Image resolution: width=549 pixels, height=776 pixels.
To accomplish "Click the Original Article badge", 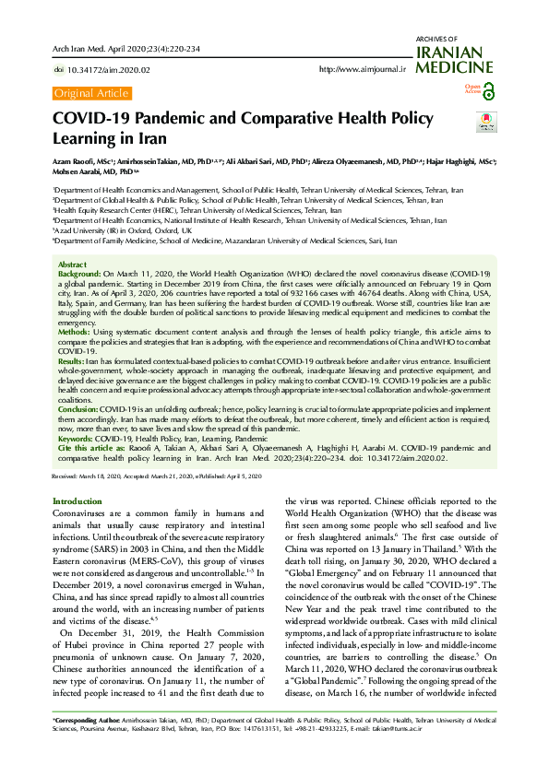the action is click(x=91, y=93).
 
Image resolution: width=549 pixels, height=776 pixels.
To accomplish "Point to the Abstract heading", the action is click(x=72, y=264).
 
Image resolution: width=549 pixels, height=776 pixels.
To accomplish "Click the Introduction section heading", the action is click(x=77, y=500).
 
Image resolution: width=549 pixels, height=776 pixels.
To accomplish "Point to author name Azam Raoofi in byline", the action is click(x=78, y=161).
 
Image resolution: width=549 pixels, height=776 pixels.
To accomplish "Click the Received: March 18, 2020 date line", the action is click(x=94, y=476).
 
